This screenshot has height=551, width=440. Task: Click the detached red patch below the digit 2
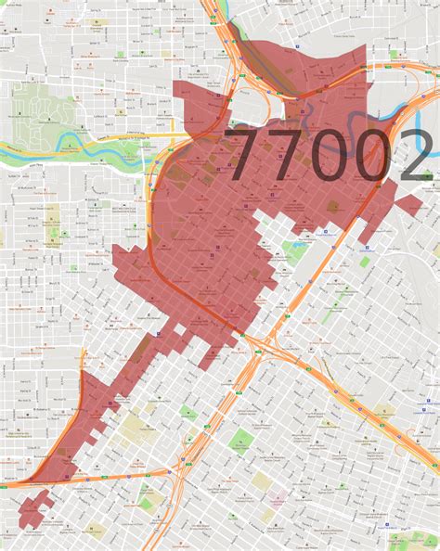409,204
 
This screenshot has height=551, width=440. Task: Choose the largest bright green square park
241,442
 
